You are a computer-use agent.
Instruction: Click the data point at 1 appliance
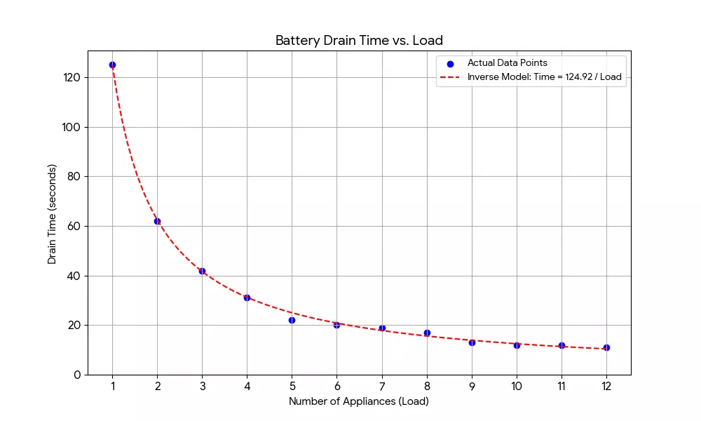pos(112,65)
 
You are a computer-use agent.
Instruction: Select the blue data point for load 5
pos(292,320)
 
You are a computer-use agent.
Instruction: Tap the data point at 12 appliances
pos(606,347)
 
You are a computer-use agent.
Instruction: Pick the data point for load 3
pos(202,271)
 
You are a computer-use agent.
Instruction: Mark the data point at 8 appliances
pos(427,333)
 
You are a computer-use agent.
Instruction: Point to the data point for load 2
pos(157,221)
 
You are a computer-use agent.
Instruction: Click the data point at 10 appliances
pos(517,345)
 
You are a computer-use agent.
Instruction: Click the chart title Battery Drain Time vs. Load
pos(359,40)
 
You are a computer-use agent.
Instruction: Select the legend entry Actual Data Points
pos(507,63)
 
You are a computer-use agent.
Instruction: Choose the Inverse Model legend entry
pos(544,77)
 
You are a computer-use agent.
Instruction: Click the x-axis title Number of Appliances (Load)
pos(359,401)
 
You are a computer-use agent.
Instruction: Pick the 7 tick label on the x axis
pos(382,385)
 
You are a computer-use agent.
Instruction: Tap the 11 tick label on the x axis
pos(562,385)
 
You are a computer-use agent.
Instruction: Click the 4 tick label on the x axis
pos(247,385)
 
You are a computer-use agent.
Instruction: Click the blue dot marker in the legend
pos(450,64)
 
